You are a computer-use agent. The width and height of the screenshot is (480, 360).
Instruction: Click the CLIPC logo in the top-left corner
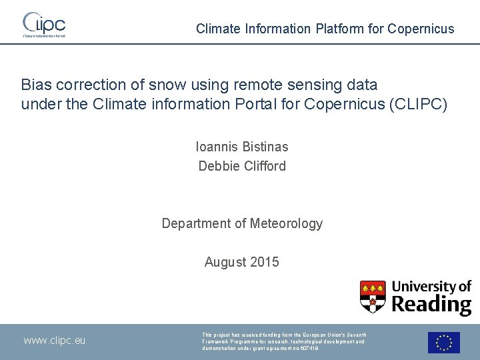coord(44,24)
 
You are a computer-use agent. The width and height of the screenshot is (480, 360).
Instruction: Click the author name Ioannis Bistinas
coord(242,147)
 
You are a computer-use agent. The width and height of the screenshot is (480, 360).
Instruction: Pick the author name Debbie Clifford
coord(242,166)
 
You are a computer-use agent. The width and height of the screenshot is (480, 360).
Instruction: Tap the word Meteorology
coord(286,224)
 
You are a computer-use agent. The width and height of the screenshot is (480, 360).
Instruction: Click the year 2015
coord(265,263)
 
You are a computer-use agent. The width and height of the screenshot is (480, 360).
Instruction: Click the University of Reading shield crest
coord(373,297)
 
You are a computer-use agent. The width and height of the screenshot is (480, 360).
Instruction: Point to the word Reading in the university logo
coord(431,305)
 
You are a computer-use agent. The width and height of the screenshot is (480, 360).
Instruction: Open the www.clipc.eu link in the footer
coord(55,341)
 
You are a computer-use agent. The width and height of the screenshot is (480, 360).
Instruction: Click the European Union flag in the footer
coord(444,343)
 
